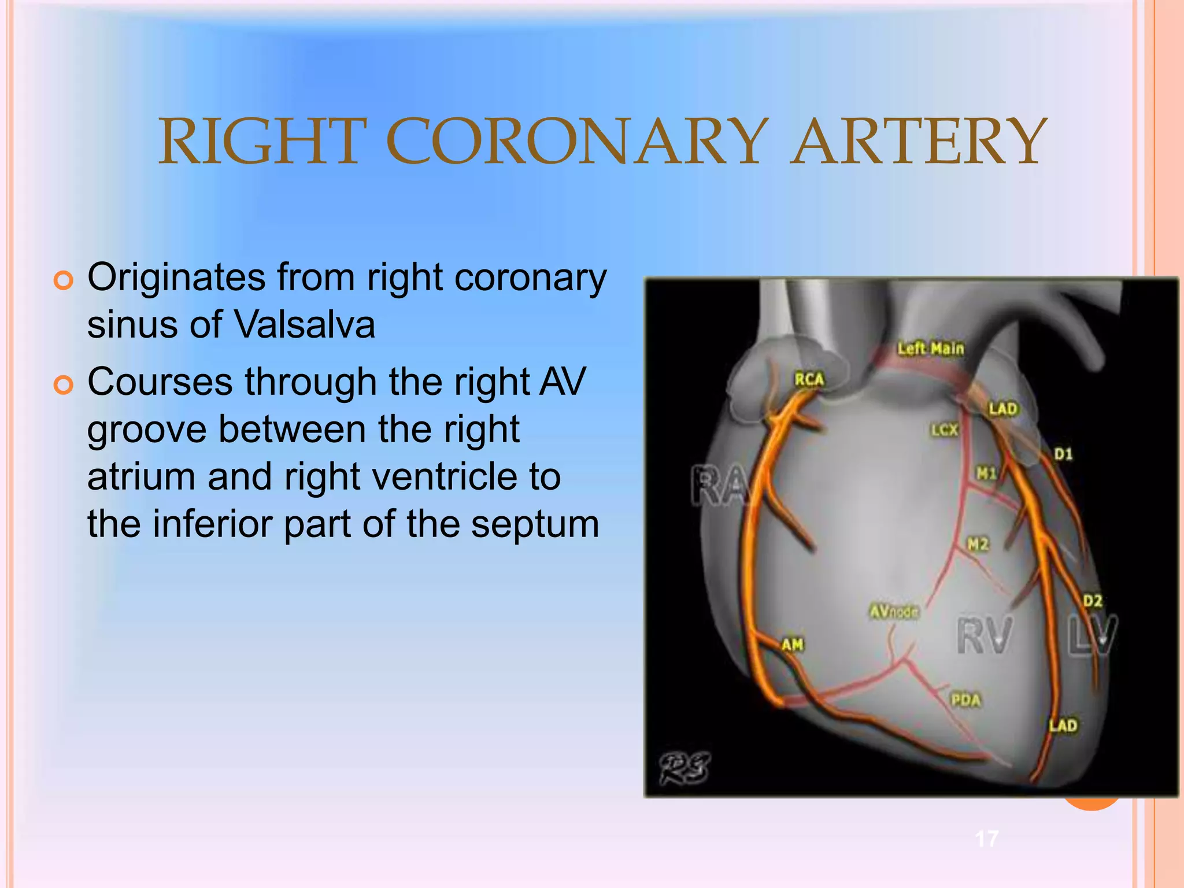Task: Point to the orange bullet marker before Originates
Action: click(x=64, y=280)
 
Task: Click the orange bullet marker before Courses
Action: click(x=64, y=385)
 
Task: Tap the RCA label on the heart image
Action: click(x=809, y=380)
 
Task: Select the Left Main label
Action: click(x=931, y=349)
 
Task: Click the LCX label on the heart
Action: click(x=944, y=430)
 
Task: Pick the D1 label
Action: click(x=1063, y=454)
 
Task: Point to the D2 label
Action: click(x=1092, y=601)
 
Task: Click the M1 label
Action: click(x=986, y=474)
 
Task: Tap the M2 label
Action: click(x=978, y=544)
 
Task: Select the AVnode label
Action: click(x=894, y=611)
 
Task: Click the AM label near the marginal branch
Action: click(x=793, y=645)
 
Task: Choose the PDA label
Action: click(x=966, y=701)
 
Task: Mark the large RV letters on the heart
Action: click(x=985, y=636)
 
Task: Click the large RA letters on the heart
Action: click(x=719, y=486)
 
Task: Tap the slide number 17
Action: click(x=987, y=838)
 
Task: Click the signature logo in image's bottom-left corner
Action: click(x=685, y=768)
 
